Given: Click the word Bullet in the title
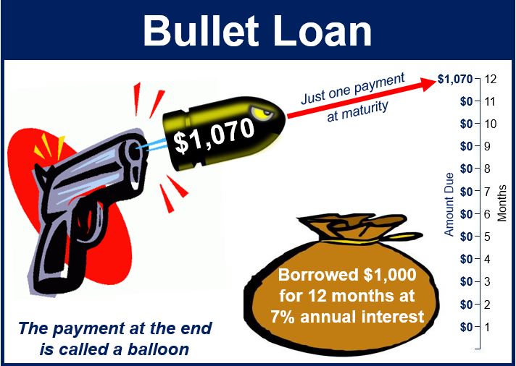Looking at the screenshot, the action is (x=201, y=30).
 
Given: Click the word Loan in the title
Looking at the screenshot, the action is (x=322, y=30).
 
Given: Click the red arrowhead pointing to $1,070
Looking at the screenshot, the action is (x=428, y=83).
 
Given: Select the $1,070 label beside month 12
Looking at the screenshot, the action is (x=455, y=79).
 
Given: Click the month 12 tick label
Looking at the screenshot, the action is (x=490, y=79).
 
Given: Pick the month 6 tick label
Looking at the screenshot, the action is (x=487, y=214).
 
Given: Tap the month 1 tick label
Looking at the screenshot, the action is (x=487, y=327).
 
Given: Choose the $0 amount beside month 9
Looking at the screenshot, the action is (x=466, y=146).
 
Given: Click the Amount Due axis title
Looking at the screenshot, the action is (x=449, y=205).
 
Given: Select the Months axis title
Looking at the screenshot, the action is (x=502, y=203).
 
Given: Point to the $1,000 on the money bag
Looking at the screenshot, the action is (x=390, y=275).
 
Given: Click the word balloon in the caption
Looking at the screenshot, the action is (x=158, y=349).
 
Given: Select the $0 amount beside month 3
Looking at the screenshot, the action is (x=466, y=282).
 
